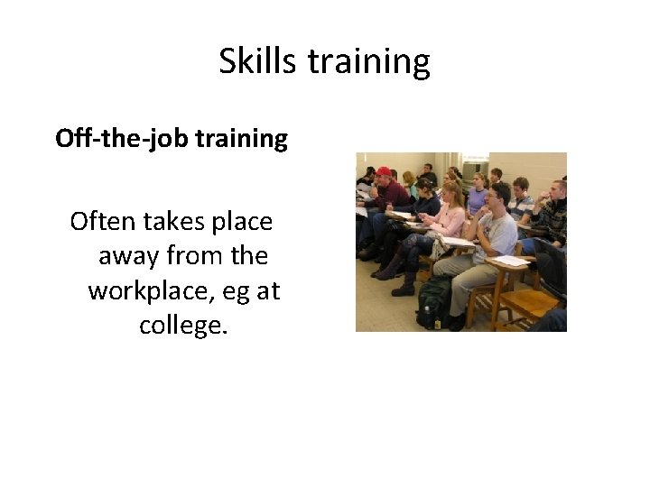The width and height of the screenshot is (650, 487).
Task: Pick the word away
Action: click(127, 256)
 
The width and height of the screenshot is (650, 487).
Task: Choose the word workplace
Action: click(153, 291)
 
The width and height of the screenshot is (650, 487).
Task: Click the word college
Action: click(183, 325)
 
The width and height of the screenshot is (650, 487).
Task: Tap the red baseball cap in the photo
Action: click(384, 171)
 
